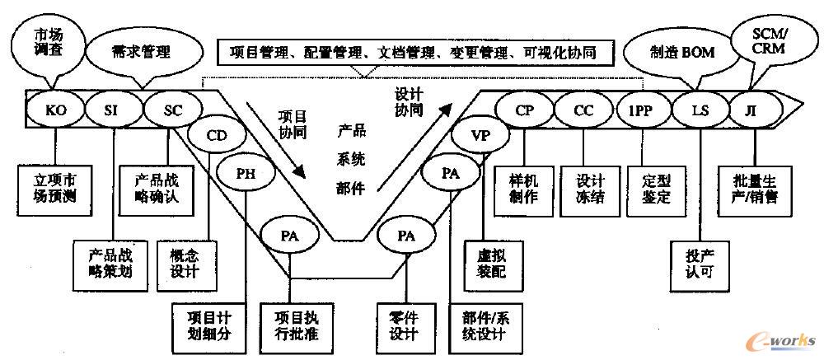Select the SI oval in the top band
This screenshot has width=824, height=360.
(112, 110)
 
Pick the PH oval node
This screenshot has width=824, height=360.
(245, 174)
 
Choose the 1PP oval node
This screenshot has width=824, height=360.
(641, 110)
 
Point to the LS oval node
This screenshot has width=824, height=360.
(699, 110)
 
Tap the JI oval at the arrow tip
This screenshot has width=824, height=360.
(751, 110)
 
